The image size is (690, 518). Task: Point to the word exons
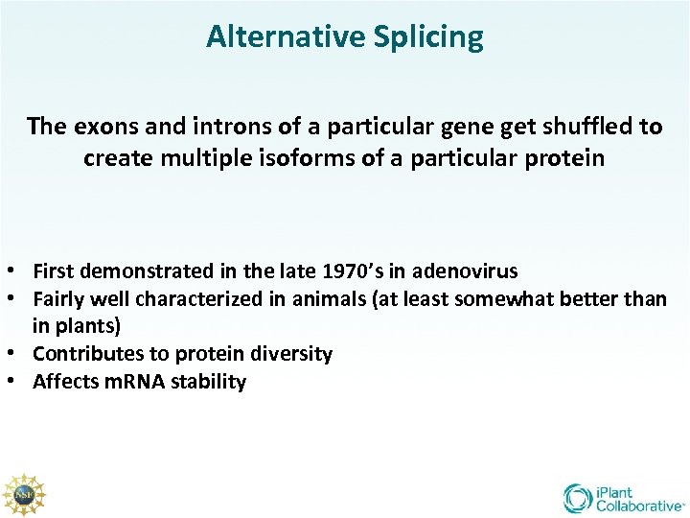(x=101, y=127)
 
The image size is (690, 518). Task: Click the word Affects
(x=65, y=382)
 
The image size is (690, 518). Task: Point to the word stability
(x=208, y=382)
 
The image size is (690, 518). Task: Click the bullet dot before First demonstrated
(x=8, y=271)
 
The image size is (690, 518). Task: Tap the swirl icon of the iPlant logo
(x=578, y=498)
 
